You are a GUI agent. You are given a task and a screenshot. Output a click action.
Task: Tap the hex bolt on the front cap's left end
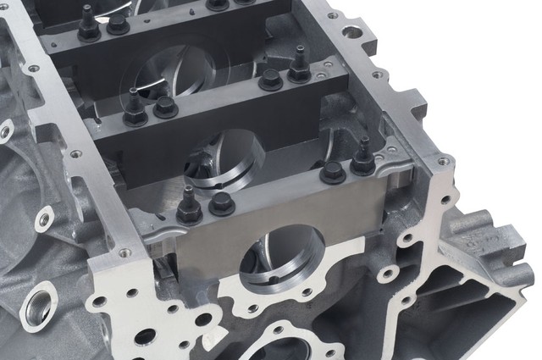click(x=222, y=202)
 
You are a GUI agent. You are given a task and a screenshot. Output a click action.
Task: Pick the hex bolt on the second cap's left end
click(x=165, y=107)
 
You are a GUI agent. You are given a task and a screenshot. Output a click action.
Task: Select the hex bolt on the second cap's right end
click(x=271, y=80)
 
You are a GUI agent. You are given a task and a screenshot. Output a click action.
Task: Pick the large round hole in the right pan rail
click(x=351, y=35)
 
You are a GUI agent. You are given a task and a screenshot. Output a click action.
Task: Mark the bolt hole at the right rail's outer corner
click(x=442, y=161)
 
